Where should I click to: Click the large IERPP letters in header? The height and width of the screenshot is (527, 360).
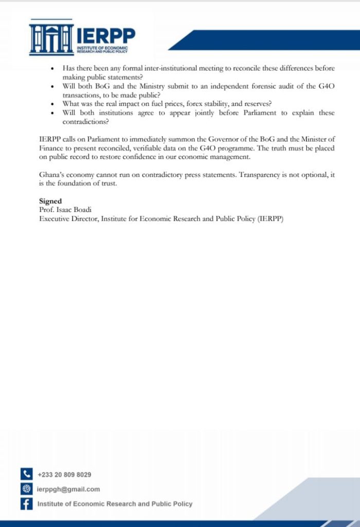pos(106,36)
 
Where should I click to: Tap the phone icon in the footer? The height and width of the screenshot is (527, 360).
pos(26,474)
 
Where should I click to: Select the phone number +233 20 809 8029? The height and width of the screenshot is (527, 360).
pos(64,475)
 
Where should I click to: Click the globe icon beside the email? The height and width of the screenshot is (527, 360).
pos(26,489)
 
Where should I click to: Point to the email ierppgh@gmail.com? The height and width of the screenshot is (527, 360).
pos(68,489)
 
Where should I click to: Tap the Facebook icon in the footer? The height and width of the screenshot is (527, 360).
pos(26,504)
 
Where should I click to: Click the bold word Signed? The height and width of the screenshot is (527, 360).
pos(50,201)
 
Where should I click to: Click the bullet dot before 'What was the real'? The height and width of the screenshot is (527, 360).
pos(53,104)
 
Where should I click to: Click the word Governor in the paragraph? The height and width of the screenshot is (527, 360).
pos(211,139)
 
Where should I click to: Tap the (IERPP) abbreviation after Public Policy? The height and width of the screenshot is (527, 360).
pos(270,219)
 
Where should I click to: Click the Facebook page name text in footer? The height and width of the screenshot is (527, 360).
pos(115,504)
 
